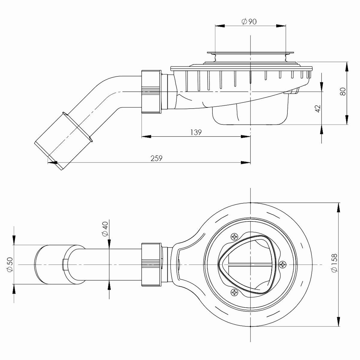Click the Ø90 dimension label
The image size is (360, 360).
pyautogui.click(x=249, y=22)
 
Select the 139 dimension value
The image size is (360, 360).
pyautogui.click(x=196, y=132)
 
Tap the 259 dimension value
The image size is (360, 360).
pyautogui.click(x=156, y=158)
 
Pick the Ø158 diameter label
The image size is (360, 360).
pyautogui.click(x=335, y=263)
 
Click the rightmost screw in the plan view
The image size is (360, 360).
pyautogui.click(x=282, y=264)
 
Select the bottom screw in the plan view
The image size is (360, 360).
pyautogui.click(x=234, y=292)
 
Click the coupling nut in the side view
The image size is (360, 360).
pyautogui.click(x=151, y=91)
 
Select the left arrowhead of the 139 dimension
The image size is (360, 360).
pyautogui.click(x=145, y=137)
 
